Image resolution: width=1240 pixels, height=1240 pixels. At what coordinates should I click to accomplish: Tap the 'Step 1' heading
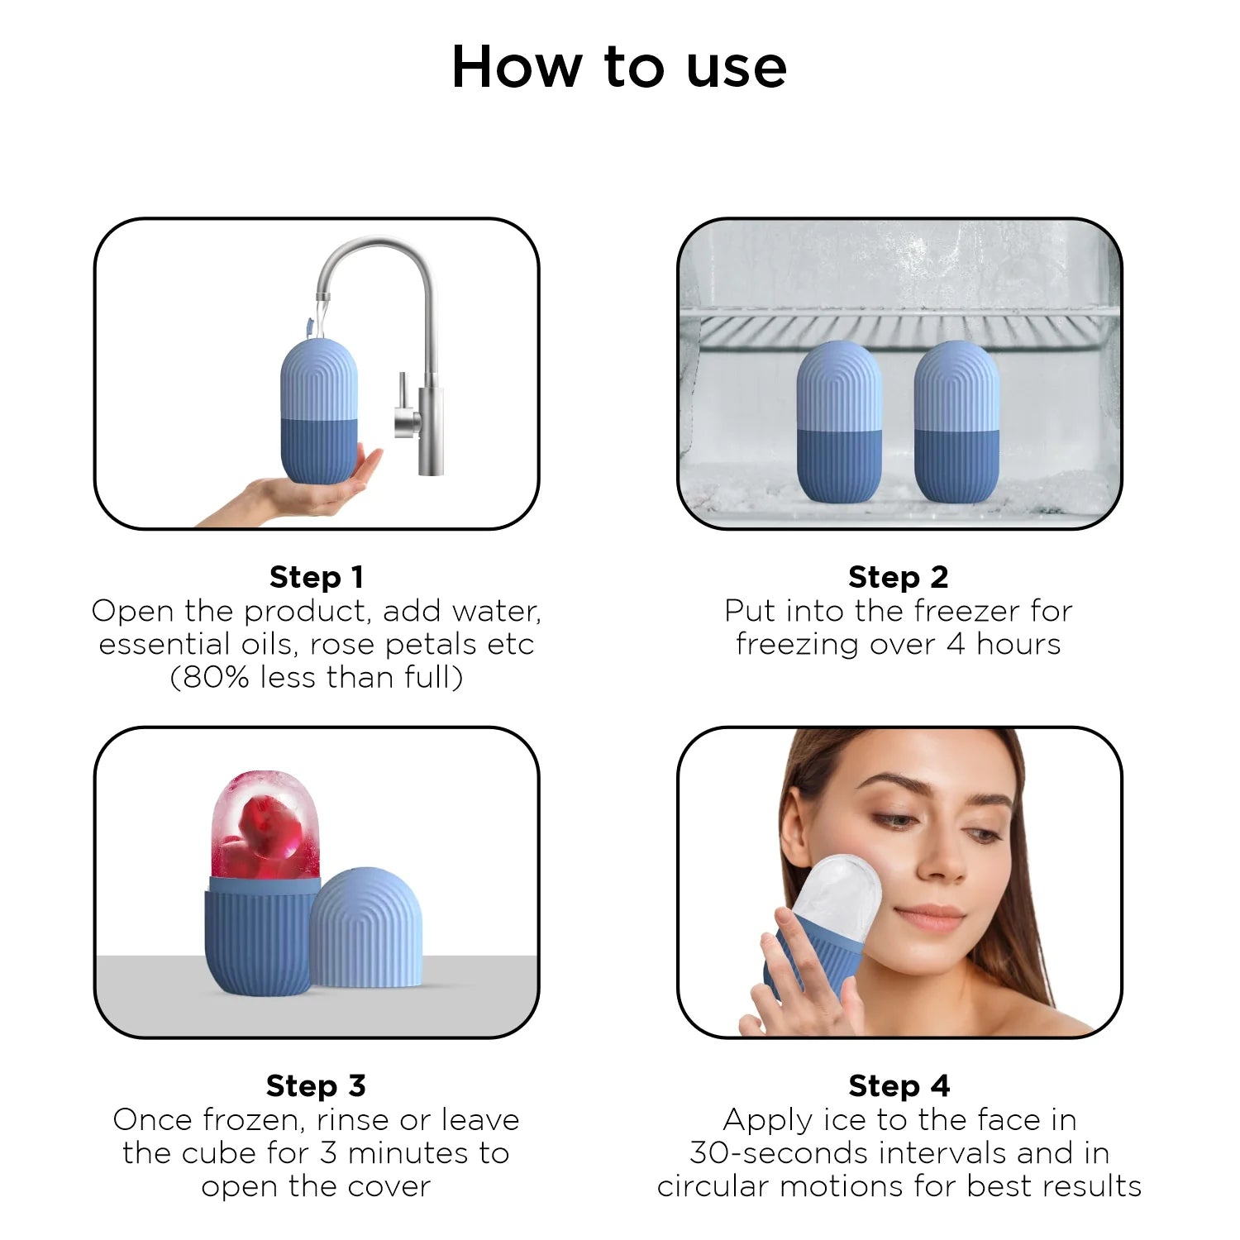317,577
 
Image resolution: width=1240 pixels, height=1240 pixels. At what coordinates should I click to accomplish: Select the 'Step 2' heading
899,577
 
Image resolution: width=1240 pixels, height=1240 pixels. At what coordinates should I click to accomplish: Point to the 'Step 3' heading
316,1085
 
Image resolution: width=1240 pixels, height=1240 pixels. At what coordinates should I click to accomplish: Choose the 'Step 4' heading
899,1085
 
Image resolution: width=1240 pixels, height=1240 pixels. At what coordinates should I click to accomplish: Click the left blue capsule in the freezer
839,422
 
